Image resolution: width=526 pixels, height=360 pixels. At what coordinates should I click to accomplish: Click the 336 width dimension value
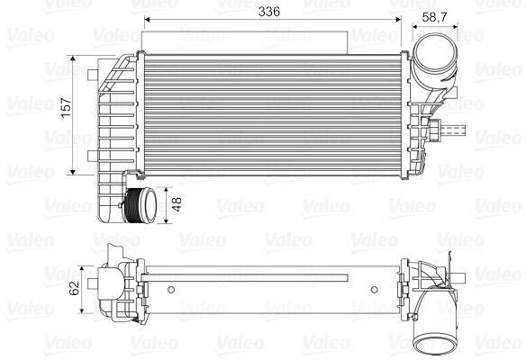tap(269, 12)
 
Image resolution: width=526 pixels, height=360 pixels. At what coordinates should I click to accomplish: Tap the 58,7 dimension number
tap(434, 17)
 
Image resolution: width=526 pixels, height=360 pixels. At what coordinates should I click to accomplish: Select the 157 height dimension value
tap(66, 107)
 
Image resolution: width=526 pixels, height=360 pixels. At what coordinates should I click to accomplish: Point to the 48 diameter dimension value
tap(177, 204)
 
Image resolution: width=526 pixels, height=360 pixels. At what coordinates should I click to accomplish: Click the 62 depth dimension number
tap(74, 288)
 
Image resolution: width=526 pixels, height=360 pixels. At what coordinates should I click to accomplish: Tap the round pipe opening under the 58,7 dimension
tap(434, 51)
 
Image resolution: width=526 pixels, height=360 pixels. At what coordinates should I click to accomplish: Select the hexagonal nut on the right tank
tap(434, 130)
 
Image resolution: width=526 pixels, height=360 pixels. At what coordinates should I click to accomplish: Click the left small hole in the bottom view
tap(171, 290)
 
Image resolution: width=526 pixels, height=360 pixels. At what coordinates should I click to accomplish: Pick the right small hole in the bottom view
tap(375, 290)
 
